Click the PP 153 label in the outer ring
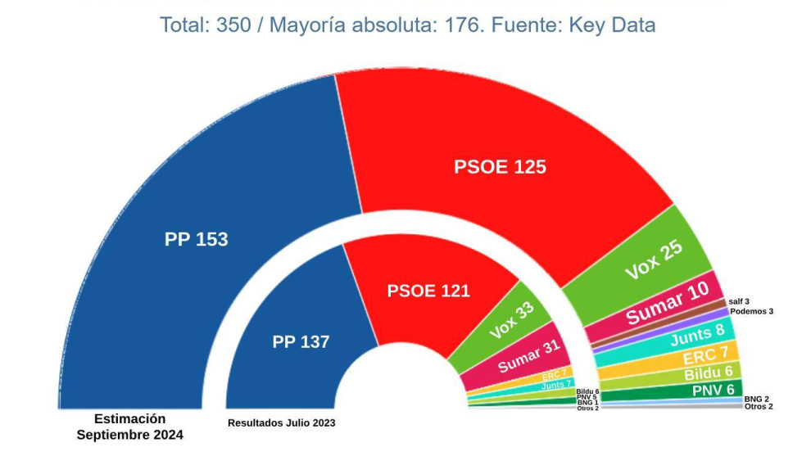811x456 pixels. (x=196, y=240)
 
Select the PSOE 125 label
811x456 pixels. (x=500, y=167)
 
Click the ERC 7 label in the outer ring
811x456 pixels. (x=705, y=356)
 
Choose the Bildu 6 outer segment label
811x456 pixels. (x=708, y=373)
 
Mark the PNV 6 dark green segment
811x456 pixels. (x=712, y=390)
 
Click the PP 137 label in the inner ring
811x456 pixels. (x=301, y=342)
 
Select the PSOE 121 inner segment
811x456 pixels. (x=428, y=291)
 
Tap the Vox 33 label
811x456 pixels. (x=511, y=320)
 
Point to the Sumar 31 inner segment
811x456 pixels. (x=528, y=356)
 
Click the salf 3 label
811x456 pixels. (x=738, y=301)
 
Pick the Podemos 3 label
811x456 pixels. (x=751, y=311)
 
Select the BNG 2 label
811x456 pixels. (x=756, y=399)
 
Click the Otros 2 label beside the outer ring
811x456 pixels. (x=759, y=407)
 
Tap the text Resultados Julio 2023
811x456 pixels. (x=281, y=422)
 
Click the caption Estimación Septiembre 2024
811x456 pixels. (x=129, y=427)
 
